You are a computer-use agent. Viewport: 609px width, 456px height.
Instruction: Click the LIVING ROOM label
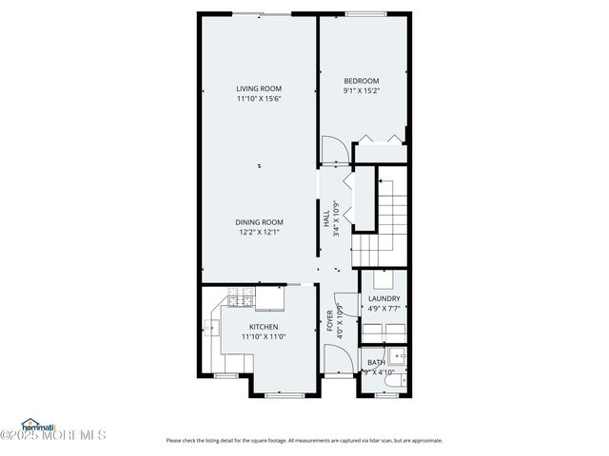click(x=259, y=88)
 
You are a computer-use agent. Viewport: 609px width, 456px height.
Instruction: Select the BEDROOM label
click(x=362, y=81)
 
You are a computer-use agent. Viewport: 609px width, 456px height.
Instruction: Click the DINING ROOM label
click(x=260, y=222)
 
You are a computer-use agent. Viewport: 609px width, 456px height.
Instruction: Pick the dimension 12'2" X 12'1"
click(x=260, y=232)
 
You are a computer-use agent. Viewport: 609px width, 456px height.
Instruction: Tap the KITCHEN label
click(x=265, y=326)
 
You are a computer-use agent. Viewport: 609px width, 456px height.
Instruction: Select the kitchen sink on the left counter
click(x=210, y=330)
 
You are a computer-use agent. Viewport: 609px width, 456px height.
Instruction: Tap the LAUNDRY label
click(x=383, y=298)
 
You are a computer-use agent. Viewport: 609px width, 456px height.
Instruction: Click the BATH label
click(x=377, y=361)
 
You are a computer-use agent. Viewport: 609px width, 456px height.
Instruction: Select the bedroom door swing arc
click(x=332, y=149)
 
